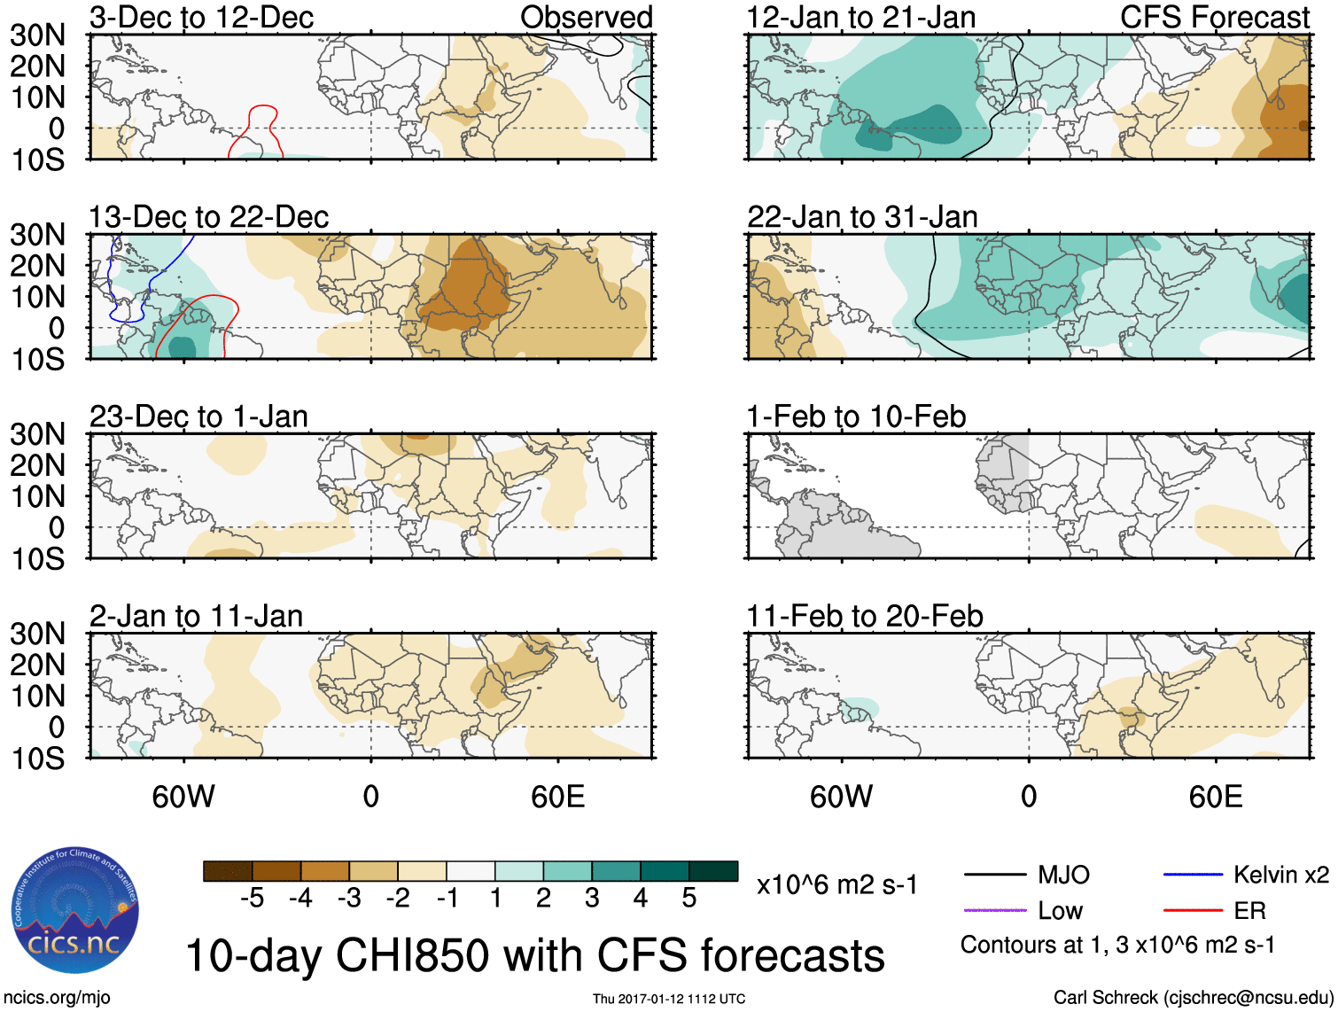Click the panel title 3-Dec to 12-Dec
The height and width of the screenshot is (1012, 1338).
201,17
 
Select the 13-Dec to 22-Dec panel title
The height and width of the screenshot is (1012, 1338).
208,216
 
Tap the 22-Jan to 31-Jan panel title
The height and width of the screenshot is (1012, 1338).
862,216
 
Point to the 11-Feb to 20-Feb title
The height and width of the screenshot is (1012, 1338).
865,616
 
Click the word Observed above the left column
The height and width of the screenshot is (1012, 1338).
586,17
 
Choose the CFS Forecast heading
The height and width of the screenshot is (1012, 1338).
1214,17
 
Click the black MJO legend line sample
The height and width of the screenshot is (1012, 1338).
994,876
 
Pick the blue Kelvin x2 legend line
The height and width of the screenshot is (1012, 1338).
1193,876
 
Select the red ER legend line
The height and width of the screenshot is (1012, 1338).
1193,910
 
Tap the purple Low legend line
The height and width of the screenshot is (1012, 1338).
994,910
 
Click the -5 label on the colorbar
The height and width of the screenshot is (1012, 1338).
252,899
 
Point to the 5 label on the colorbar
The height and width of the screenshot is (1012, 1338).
689,899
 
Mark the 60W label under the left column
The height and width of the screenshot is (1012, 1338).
183,797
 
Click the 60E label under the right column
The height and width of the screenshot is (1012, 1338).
1215,797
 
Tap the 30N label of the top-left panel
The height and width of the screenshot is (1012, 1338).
37,35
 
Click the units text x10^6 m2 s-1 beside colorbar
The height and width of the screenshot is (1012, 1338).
836,884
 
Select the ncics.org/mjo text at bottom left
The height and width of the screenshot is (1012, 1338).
57,998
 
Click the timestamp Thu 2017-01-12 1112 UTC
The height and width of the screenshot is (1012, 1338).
668,999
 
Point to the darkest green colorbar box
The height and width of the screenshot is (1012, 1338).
713,871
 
